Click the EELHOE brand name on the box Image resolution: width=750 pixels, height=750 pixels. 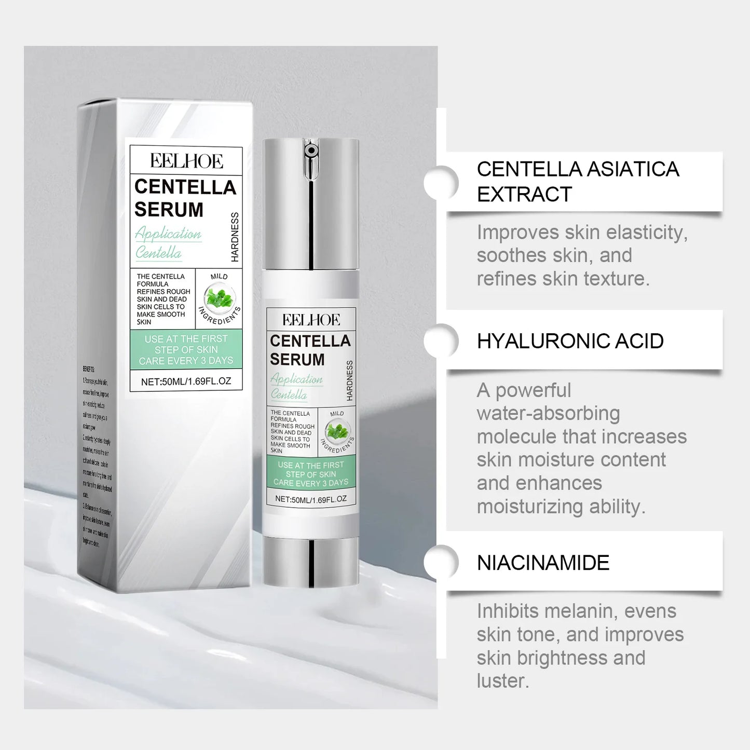(186, 161)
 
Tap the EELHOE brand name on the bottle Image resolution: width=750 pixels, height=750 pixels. (311, 320)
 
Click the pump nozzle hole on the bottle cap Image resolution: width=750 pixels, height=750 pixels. (310, 151)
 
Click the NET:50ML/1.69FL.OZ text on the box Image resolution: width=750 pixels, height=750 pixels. (186, 381)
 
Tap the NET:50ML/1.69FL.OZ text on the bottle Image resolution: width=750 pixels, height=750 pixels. (310, 499)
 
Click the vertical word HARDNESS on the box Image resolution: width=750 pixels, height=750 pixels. (235, 237)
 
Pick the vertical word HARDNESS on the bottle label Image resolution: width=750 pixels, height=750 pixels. (349, 380)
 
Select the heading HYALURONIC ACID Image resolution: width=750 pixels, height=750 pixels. (570, 341)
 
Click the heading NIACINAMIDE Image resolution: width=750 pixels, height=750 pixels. (543, 563)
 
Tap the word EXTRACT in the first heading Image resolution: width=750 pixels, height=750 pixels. (524, 195)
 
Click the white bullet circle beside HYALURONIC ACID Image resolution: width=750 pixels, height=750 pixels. (441, 341)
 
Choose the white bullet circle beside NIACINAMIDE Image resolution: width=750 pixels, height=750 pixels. (441, 563)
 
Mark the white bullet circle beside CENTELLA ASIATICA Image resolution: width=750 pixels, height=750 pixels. (441, 182)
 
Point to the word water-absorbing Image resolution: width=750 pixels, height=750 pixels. (548, 414)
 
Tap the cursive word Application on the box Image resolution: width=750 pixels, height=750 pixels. (168, 234)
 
